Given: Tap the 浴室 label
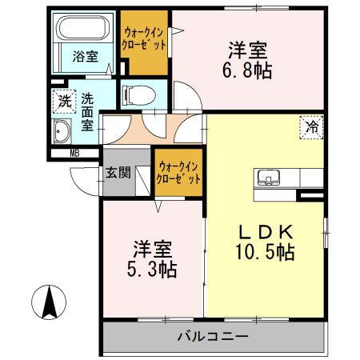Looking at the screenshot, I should coord(85,57).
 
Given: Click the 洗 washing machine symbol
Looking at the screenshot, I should coord(63,102).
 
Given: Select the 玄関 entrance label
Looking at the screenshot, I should coord(115,173).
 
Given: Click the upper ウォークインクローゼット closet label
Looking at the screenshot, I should coord(144,38).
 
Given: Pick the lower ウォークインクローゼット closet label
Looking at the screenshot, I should coord(178,172).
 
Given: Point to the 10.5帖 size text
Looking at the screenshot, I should coord(266,253).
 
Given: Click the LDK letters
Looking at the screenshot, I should coord(266,231).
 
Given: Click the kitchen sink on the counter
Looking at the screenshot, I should coord(268,178).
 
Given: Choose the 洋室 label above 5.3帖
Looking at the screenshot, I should coord(150,246).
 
